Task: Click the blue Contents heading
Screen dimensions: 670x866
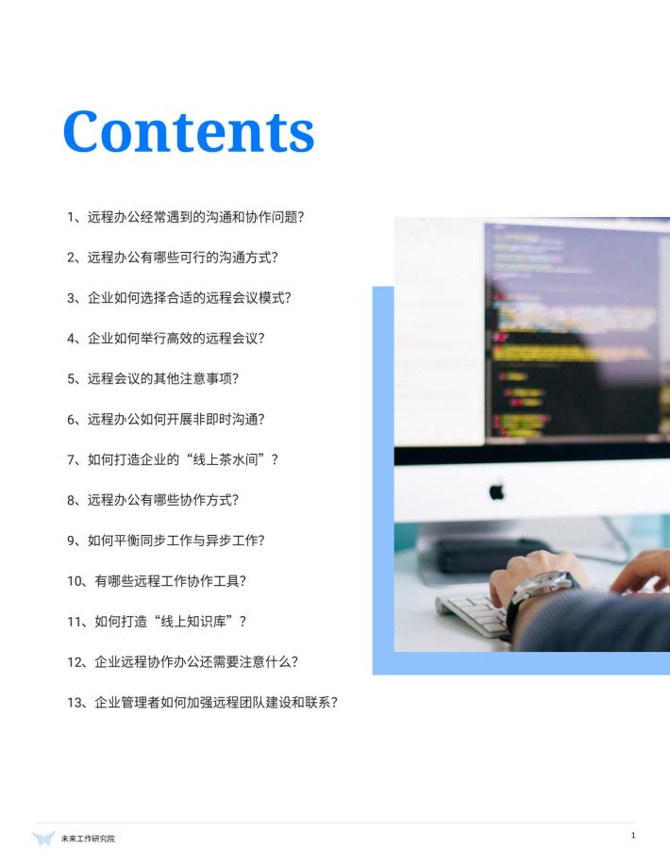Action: (x=189, y=131)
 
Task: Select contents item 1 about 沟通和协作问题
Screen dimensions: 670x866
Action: (x=186, y=217)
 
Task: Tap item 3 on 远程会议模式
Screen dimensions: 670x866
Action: (x=179, y=298)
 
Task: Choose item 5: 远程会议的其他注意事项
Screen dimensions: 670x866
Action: (x=153, y=378)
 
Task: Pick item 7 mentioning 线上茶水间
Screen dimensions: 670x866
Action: (x=173, y=459)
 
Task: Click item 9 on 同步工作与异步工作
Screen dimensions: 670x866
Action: (x=166, y=541)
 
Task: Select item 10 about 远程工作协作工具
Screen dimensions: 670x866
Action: (x=157, y=581)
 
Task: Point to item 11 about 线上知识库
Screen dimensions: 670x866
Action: (x=157, y=622)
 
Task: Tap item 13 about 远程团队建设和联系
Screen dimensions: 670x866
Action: (x=202, y=703)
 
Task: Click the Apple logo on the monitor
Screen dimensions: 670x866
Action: (x=496, y=491)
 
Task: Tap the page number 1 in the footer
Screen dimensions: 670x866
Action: (x=633, y=835)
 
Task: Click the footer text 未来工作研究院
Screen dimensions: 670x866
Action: (x=88, y=839)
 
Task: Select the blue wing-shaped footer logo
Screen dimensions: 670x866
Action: (x=43, y=839)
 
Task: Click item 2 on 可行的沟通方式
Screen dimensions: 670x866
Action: (x=173, y=258)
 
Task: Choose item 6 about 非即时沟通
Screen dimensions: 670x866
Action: (x=166, y=419)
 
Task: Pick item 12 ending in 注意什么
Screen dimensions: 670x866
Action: (x=183, y=661)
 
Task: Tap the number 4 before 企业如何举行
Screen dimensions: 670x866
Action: (x=71, y=339)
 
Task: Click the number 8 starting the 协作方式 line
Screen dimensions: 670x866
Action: (x=71, y=500)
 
